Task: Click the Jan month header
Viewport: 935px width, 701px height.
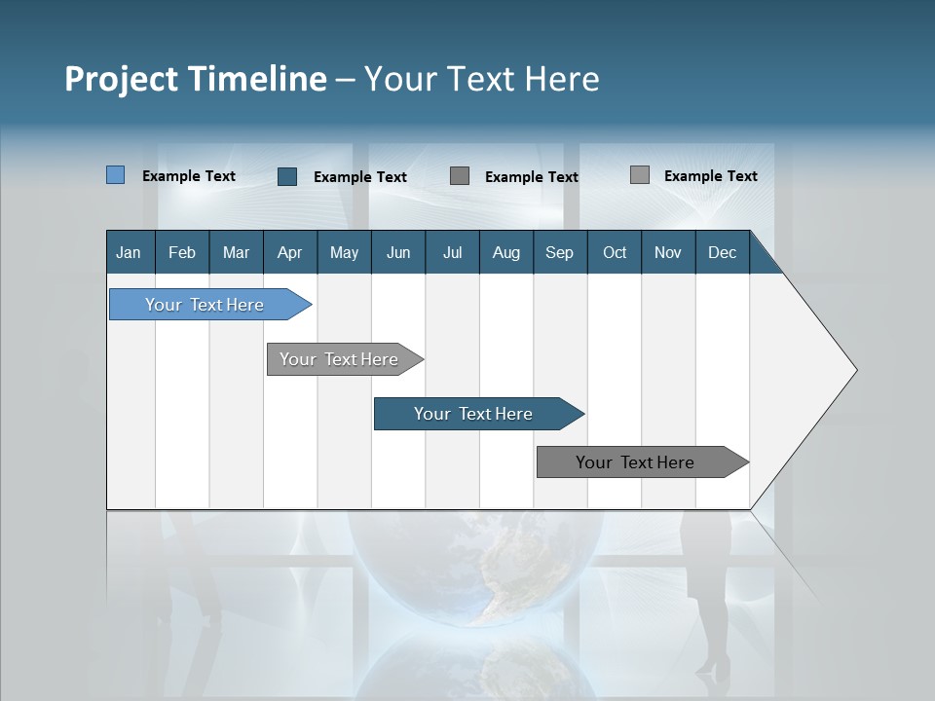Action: [x=130, y=252]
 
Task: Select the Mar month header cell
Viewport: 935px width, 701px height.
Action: [x=236, y=252]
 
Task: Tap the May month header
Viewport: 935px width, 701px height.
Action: [x=344, y=252]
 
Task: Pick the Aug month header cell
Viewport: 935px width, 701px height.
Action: [x=505, y=252]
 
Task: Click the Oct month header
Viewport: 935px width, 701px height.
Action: [x=614, y=252]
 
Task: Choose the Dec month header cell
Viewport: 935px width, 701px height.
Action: [x=722, y=252]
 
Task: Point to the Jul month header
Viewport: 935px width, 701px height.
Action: [x=452, y=252]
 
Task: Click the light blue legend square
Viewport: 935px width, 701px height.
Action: [x=116, y=175]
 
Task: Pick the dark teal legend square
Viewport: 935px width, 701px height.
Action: [x=287, y=176]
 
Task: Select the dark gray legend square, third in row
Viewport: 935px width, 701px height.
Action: [x=460, y=176]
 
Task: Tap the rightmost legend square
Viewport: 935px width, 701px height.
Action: [x=640, y=175]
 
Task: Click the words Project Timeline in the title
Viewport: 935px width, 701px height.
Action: [x=195, y=79]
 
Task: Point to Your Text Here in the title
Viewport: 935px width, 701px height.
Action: [x=482, y=79]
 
